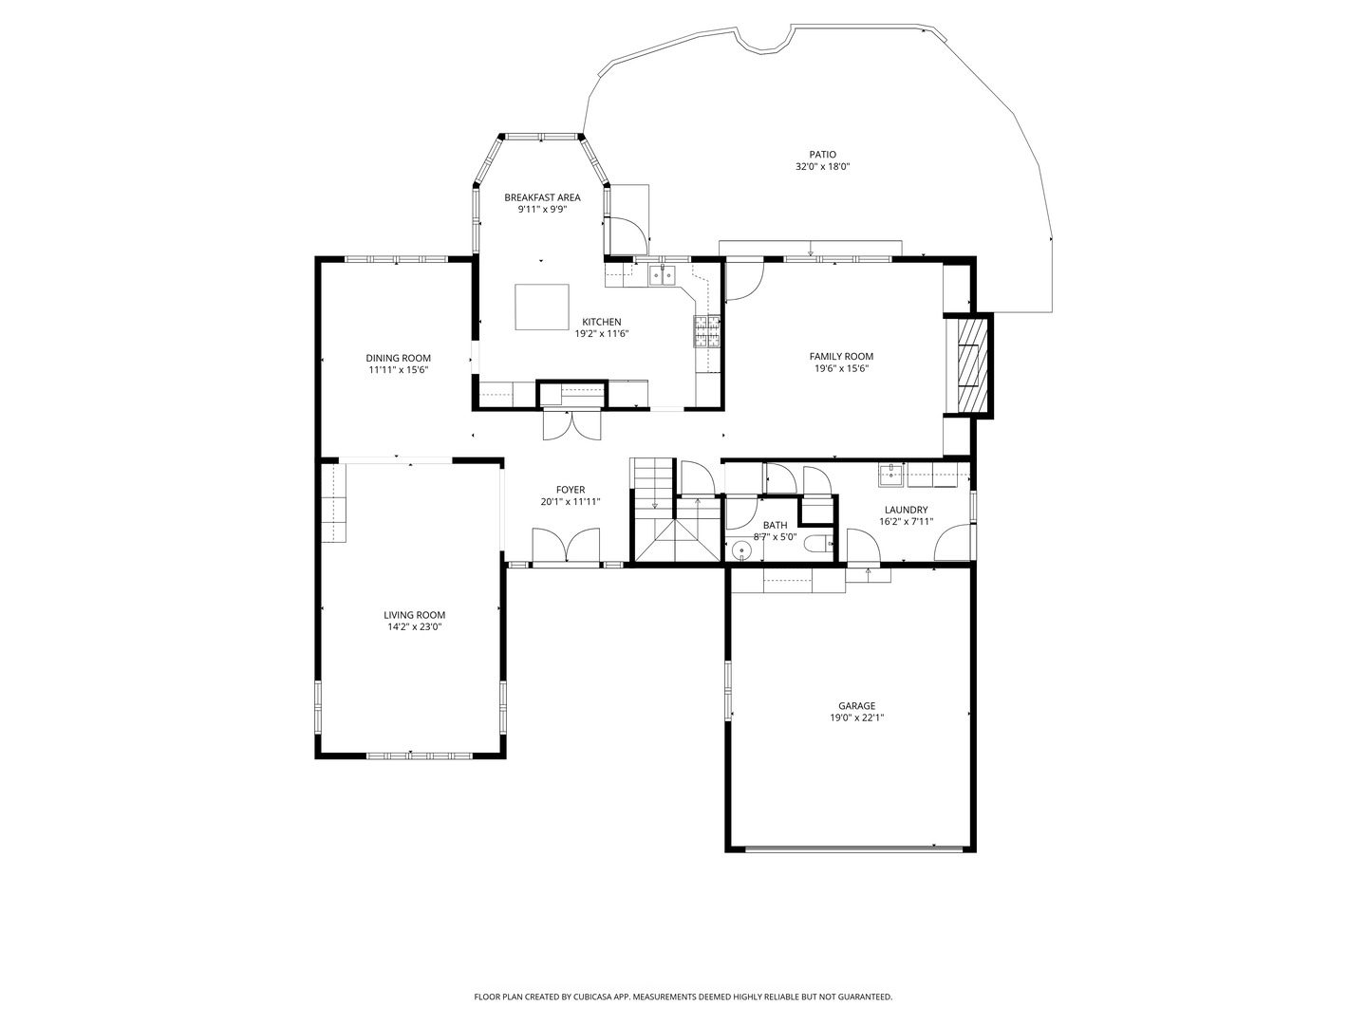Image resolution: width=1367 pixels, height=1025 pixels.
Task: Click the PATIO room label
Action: (x=822, y=155)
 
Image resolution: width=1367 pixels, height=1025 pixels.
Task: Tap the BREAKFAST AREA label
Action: (x=542, y=197)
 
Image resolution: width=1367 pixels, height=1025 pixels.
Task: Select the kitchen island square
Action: (x=541, y=307)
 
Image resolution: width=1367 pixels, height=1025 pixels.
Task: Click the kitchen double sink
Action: (x=662, y=274)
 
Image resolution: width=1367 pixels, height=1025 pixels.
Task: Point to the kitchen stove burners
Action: (x=707, y=330)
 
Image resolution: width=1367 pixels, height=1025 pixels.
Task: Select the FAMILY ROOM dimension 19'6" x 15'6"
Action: (x=841, y=368)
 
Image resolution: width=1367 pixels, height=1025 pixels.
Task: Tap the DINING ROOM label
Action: (x=398, y=358)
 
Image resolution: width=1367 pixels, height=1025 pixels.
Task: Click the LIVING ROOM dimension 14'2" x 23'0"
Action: (x=414, y=626)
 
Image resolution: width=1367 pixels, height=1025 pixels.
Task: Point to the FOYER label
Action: (x=571, y=490)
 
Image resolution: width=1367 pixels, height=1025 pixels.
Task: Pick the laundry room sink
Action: (x=891, y=475)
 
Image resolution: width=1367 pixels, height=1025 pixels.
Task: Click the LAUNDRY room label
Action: (x=906, y=510)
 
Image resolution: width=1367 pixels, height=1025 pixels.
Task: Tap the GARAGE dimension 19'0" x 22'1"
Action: (x=856, y=717)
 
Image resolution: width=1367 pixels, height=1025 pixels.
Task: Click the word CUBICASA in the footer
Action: (x=594, y=997)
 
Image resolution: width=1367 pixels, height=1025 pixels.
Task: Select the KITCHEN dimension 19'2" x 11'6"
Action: (x=601, y=333)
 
